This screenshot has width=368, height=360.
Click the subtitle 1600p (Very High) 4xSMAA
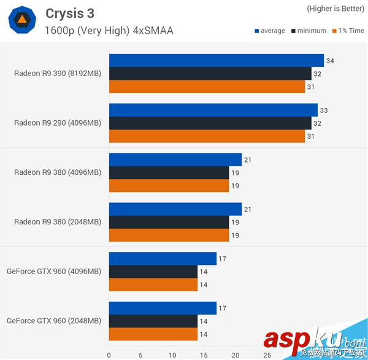tap(109, 30)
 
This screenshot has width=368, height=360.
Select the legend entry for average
tap(269, 31)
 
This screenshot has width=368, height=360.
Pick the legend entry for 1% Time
tap(347, 31)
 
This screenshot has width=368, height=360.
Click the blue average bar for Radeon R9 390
tap(216, 60)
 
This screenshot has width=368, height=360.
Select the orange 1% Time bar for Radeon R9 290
tap(207, 136)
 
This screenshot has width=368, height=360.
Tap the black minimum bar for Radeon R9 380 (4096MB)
tap(169, 173)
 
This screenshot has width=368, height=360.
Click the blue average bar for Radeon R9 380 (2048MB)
tap(175, 210)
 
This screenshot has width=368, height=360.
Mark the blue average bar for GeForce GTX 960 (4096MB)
tap(163, 259)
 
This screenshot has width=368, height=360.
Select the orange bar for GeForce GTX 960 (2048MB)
tap(153, 334)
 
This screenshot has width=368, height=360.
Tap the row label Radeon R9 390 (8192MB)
tap(58, 73)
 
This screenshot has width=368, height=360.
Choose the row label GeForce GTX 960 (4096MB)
tap(54, 271)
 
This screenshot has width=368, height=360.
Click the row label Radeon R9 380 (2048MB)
tap(58, 222)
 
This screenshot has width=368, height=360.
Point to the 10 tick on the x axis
tap(172, 354)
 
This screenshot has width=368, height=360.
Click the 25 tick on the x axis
tap(267, 354)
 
